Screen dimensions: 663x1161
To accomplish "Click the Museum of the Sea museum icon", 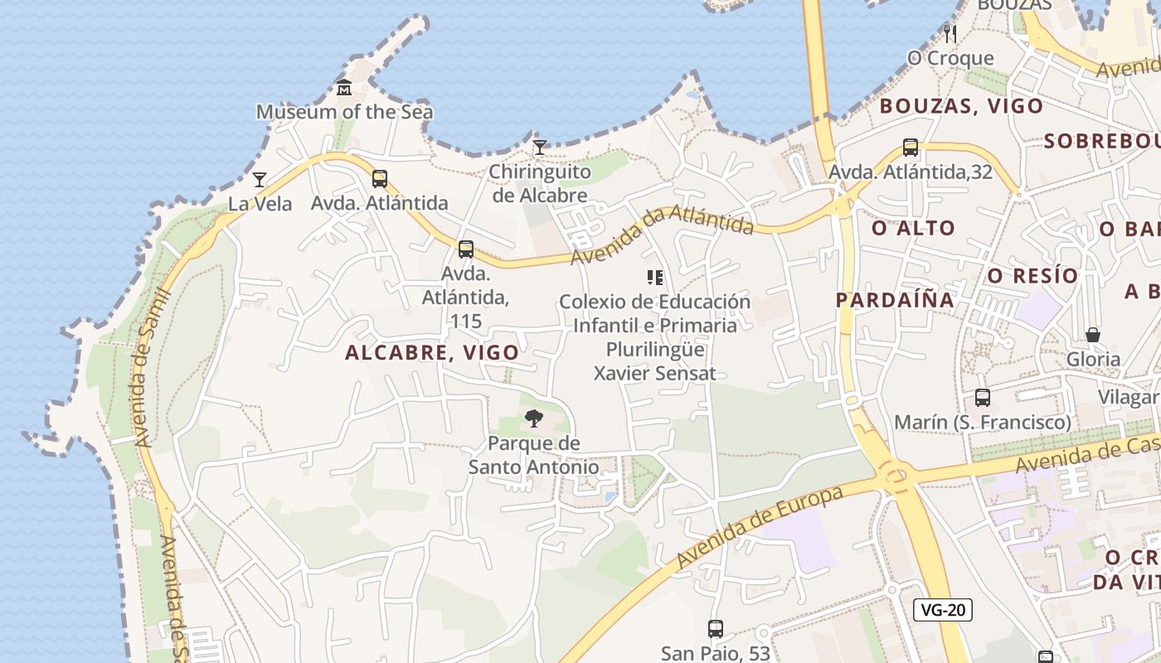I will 344,87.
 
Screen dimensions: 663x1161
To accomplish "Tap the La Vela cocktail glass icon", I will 260,179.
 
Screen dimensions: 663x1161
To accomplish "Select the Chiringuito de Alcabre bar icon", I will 540,148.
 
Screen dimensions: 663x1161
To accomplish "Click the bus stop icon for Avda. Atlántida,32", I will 911,148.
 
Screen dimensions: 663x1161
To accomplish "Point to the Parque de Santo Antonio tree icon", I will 534,419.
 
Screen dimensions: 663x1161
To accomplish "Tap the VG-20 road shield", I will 943,610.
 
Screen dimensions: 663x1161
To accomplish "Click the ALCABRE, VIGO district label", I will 432,352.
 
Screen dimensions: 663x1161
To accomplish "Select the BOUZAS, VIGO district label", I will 961,106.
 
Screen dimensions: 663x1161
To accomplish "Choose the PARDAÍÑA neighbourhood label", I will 895,300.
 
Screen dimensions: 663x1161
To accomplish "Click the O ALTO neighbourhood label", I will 913,228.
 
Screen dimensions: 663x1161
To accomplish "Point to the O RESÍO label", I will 1032,275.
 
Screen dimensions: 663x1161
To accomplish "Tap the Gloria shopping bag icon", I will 1093,335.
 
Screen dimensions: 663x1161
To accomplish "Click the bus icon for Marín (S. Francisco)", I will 983,398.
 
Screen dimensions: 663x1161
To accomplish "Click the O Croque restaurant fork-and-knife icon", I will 950,33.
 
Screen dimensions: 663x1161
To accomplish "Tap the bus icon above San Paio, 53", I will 716,629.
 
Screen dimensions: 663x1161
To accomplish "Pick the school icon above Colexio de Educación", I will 655,278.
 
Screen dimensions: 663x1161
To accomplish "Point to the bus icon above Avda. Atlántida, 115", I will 466,249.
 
